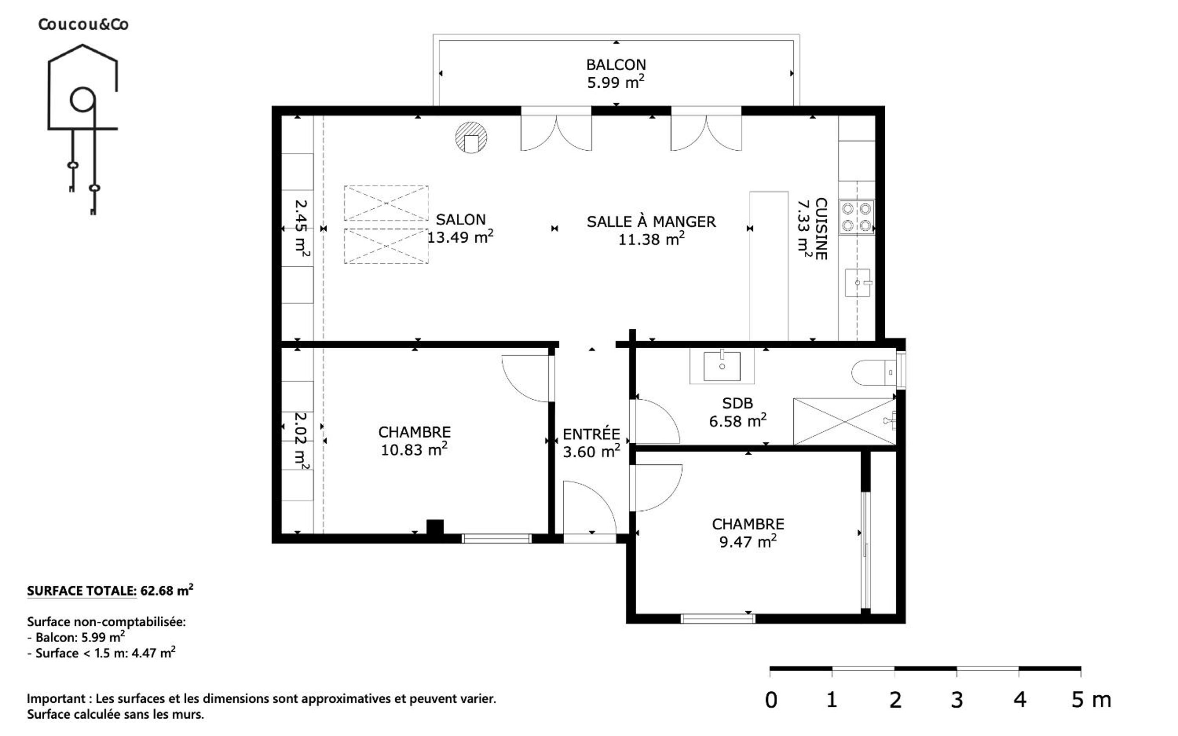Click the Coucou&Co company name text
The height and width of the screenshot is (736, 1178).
(x=83, y=24)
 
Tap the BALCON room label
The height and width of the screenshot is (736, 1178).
(x=616, y=65)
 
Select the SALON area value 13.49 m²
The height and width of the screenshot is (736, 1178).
(x=460, y=237)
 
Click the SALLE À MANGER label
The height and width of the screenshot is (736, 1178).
(x=651, y=221)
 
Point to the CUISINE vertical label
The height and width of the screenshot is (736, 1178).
(x=821, y=228)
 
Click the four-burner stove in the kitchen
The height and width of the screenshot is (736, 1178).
(x=856, y=217)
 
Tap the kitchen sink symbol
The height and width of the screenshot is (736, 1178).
(x=858, y=283)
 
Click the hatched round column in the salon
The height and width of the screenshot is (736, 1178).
(x=471, y=137)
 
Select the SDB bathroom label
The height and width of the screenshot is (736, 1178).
(x=737, y=403)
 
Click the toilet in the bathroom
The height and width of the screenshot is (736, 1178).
(x=874, y=373)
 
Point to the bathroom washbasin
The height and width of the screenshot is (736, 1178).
(x=722, y=366)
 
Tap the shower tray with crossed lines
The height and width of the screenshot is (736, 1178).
(x=845, y=422)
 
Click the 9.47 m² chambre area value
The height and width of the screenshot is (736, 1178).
(x=748, y=541)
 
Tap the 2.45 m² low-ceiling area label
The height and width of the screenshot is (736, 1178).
(x=302, y=228)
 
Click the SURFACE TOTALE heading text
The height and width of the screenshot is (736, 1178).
(x=81, y=591)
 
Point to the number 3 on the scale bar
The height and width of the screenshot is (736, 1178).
(x=957, y=700)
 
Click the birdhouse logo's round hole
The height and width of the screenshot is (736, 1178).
(x=82, y=100)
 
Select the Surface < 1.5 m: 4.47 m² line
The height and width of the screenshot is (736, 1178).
(x=101, y=653)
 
